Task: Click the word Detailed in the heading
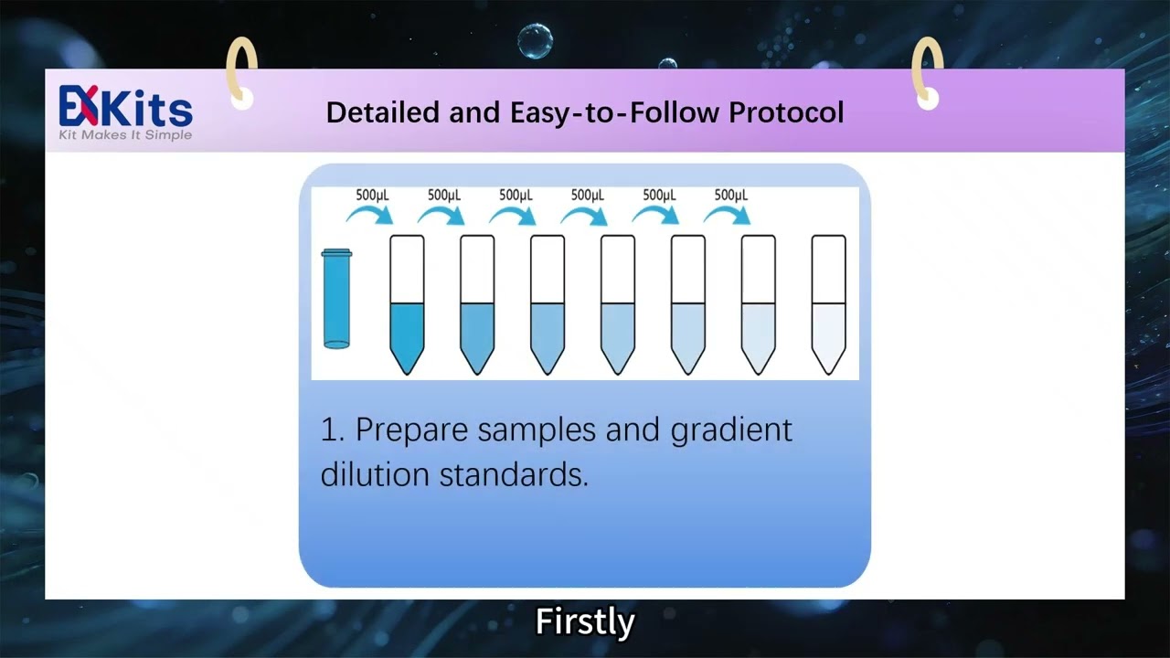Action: point(383,112)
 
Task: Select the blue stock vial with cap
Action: point(336,299)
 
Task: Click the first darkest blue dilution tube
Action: point(407,306)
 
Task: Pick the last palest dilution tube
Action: point(828,306)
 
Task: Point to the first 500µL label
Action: point(372,195)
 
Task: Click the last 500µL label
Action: point(730,195)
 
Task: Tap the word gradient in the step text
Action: point(731,430)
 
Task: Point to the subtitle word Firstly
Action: point(585,621)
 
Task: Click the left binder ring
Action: point(241,71)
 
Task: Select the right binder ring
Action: point(927,71)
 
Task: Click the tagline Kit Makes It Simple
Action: point(125,135)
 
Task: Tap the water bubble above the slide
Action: point(535,41)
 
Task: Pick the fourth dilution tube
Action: point(618,306)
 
